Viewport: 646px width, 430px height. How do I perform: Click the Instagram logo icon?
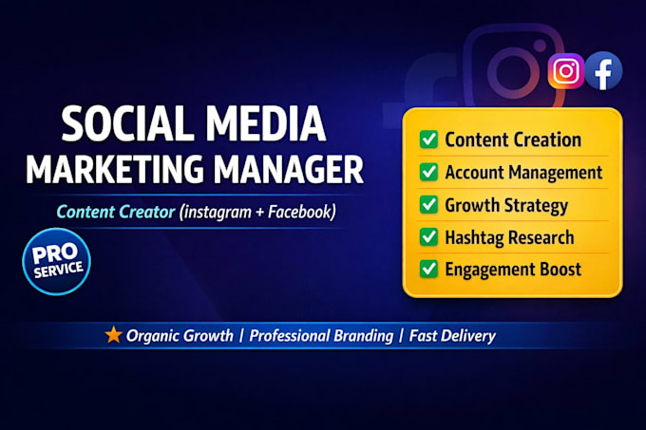point(565,71)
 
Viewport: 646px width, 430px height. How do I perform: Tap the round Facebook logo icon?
point(603,71)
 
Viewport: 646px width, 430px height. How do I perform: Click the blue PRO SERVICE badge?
point(56,261)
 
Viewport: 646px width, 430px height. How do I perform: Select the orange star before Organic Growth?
point(113,334)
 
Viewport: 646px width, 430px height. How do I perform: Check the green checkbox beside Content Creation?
point(428,140)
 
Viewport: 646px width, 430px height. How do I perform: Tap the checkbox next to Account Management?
point(428,172)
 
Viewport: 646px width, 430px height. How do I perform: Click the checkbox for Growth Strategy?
point(428,204)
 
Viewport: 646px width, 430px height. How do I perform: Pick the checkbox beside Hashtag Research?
point(428,236)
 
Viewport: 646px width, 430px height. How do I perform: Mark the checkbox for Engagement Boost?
point(428,269)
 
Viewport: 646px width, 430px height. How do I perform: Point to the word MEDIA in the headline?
point(266,123)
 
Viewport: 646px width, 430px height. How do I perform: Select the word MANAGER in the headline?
point(289,169)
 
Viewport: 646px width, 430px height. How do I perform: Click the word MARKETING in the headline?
point(115,169)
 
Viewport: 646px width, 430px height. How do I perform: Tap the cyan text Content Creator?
point(116,212)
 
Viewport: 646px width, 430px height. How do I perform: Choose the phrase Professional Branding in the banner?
point(321,336)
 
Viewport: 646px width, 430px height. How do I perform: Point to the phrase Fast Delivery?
point(452,336)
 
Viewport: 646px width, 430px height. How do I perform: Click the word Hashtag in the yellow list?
point(474,237)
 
